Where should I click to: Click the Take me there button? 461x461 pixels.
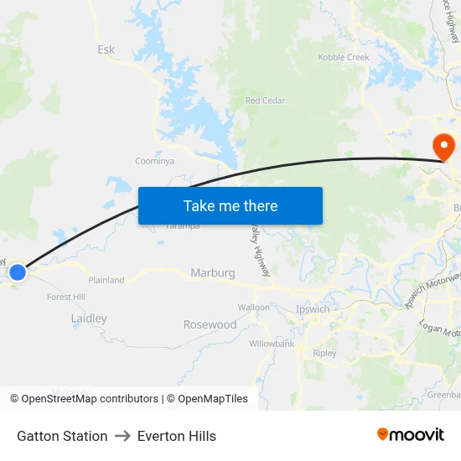coord(230,206)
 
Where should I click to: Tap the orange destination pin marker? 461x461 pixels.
coord(443,147)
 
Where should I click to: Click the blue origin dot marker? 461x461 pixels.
coord(18,272)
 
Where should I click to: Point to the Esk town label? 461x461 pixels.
coord(106,50)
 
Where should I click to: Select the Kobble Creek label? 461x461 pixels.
coord(343,57)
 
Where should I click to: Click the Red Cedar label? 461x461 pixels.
coord(265,101)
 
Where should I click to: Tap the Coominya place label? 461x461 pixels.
coord(154,161)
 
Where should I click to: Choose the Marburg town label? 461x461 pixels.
coord(212,273)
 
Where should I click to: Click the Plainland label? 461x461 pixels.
coord(106,280)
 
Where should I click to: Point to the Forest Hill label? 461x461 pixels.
coord(66,297)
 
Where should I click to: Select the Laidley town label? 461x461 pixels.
coord(89,319)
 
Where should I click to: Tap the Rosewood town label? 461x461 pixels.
coord(210,324)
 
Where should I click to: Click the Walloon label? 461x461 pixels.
coord(253,308)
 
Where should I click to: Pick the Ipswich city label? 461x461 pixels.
coord(313,309)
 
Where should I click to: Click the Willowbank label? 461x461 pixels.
coord(271,344)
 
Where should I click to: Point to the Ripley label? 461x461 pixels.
coord(324,354)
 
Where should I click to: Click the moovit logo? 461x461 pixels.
coord(410,434)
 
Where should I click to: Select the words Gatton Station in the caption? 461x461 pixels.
coord(62,436)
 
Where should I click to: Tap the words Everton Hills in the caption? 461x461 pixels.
coord(177,436)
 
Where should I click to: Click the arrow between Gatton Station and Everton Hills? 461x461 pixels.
coord(122,436)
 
